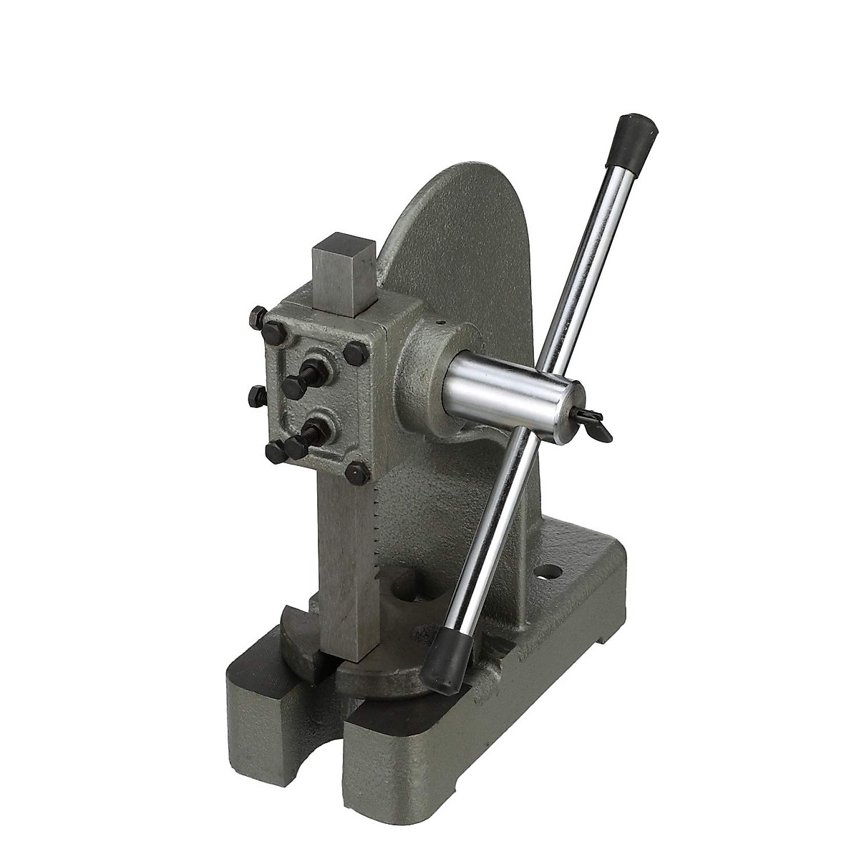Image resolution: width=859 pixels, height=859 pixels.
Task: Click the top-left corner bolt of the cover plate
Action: point(273,332)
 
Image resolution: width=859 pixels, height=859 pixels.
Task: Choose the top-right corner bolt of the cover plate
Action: point(355,353)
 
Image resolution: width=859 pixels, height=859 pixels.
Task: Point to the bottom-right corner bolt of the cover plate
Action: point(357,472)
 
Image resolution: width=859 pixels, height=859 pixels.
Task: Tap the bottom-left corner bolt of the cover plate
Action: point(276,452)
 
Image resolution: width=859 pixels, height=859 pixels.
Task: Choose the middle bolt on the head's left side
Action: point(257,396)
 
